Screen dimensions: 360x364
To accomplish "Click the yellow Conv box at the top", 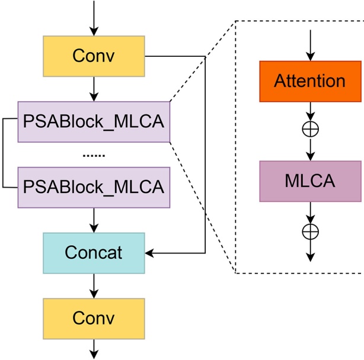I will (x=94, y=56).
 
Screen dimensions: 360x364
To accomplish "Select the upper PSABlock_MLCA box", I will (x=94, y=122).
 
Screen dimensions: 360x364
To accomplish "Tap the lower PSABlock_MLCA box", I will (x=94, y=187).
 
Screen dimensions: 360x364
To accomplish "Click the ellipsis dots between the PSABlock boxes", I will (x=94, y=155).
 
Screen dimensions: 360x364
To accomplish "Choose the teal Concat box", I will (x=94, y=253).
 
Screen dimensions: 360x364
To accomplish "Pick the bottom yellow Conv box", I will (x=94, y=317).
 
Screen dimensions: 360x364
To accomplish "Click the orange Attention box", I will (x=310, y=81).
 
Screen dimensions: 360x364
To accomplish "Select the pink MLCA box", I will (x=310, y=181).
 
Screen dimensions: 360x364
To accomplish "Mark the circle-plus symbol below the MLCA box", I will (x=310, y=230).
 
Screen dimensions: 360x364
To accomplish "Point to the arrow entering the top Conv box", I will (x=94, y=18).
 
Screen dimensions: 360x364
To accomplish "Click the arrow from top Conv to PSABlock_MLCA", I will (x=94, y=89).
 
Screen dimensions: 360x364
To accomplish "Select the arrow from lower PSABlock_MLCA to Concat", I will (x=94, y=220).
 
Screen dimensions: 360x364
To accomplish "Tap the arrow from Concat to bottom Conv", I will (x=94, y=285).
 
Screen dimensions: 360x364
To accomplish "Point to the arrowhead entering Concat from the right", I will (x=149, y=253).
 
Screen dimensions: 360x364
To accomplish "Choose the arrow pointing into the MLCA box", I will (x=310, y=150).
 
